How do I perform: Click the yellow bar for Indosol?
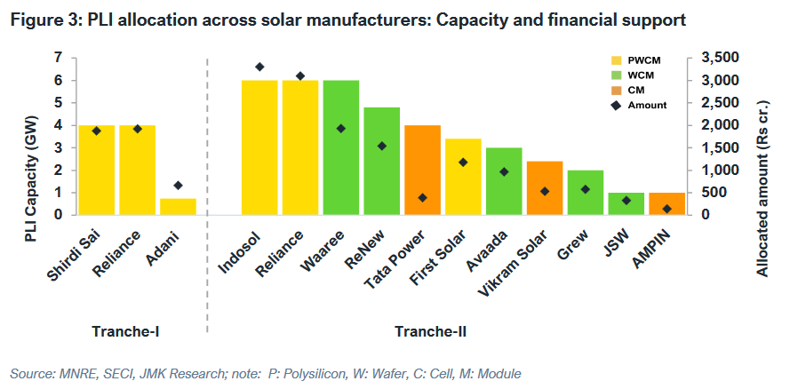pyautogui.click(x=259, y=147)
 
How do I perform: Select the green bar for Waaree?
pyautogui.click(x=341, y=147)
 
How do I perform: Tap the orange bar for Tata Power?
pyautogui.click(x=422, y=170)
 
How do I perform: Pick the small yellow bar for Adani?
pyautogui.click(x=178, y=206)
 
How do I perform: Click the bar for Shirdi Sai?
pyautogui.click(x=97, y=170)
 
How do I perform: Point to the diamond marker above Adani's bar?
pyautogui.click(x=178, y=186)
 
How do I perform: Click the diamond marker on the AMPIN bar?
pyautogui.click(x=666, y=209)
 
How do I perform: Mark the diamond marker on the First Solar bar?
pyautogui.click(x=463, y=163)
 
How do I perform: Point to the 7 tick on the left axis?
pyautogui.click(x=59, y=58)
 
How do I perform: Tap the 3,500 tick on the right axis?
pyautogui.click(x=719, y=58)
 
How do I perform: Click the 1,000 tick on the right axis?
pyautogui.click(x=719, y=170)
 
